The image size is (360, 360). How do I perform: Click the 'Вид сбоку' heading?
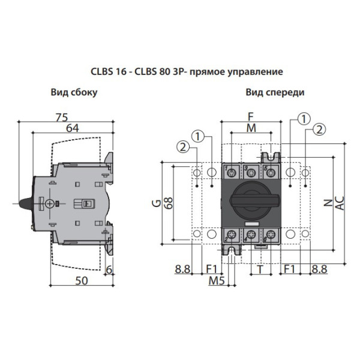pyautogui.click(x=74, y=92)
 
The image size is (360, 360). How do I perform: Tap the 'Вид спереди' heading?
pyautogui.click(x=275, y=92)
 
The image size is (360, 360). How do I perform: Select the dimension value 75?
pyautogui.click(x=62, y=117)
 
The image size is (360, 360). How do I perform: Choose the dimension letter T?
pyautogui.click(x=259, y=269)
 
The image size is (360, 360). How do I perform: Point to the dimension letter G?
pyautogui.click(x=155, y=203)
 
